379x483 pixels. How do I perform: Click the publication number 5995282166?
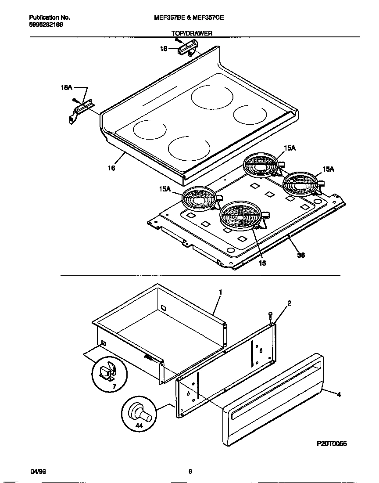(46, 25)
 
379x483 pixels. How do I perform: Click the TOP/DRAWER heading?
(192, 33)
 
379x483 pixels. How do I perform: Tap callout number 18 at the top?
(163, 49)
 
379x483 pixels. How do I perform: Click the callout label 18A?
(66, 88)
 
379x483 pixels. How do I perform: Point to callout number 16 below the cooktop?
(111, 168)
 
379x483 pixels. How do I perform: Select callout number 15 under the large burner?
(262, 263)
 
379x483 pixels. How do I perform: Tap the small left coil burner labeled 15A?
(199, 197)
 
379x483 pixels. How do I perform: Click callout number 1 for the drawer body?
(221, 292)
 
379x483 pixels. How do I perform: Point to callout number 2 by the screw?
(290, 303)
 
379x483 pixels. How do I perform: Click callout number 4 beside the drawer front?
(338, 395)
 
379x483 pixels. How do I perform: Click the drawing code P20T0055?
(332, 444)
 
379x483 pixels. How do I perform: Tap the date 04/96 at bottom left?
(38, 472)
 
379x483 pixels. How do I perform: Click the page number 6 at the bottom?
(190, 472)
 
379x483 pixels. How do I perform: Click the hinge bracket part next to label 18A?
(82, 110)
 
